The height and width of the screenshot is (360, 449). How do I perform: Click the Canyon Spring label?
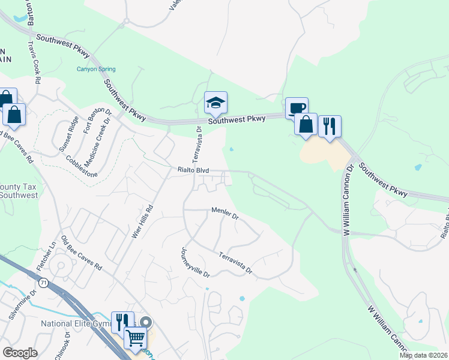point(96,69)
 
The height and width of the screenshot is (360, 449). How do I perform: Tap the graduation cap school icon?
point(215,103)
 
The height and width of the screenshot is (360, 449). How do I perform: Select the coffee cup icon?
point(297,108)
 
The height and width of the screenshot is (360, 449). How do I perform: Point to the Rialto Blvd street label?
point(193,170)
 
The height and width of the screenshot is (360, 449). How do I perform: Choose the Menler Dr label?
point(225,213)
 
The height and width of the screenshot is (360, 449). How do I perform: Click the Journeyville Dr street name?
point(194,262)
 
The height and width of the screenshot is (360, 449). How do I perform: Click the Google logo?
point(20,353)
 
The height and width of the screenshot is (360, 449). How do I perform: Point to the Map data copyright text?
point(424,355)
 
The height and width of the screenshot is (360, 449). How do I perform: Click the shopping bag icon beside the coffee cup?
point(306,124)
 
